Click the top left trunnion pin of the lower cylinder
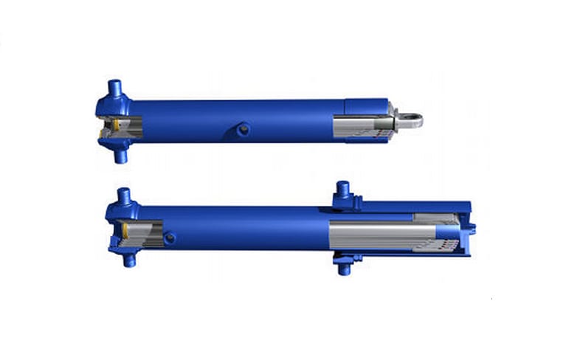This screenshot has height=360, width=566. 123,197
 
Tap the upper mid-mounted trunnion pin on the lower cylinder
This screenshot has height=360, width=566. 342,190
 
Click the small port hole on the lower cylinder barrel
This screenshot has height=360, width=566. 169,238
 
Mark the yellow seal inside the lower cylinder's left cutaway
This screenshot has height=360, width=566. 126,230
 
